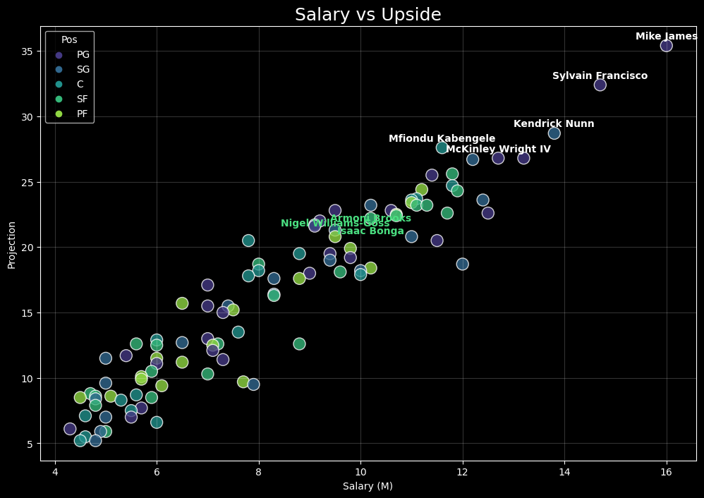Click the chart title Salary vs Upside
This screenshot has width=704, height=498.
(x=368, y=15)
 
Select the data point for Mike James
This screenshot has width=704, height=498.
(x=666, y=46)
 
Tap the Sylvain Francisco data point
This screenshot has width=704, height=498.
(x=600, y=85)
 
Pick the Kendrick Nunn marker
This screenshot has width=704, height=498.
(x=554, y=133)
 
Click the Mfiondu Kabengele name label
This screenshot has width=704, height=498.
(x=442, y=139)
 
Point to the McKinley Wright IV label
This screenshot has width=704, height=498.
(x=498, y=150)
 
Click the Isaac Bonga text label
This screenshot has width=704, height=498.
(x=371, y=231)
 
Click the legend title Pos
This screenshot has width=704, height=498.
(x=69, y=40)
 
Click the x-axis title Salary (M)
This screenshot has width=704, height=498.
(x=368, y=486)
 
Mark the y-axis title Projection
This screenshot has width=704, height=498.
(x=12, y=245)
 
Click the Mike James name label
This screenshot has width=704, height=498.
(x=666, y=37)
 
